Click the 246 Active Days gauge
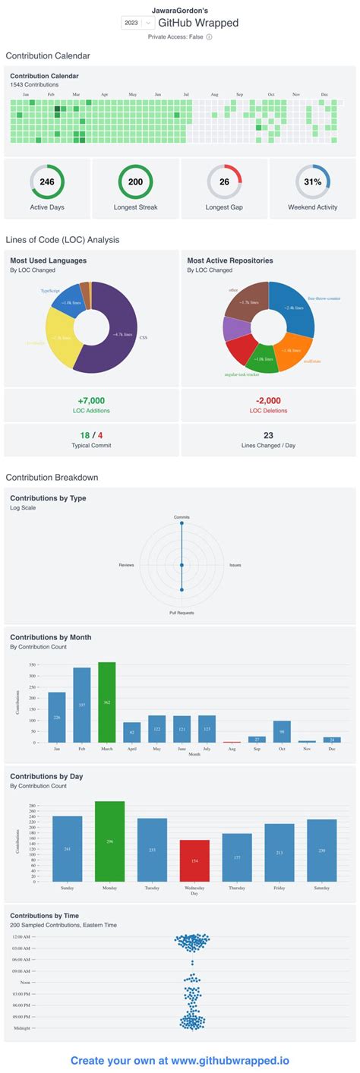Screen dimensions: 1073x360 (x=47, y=182)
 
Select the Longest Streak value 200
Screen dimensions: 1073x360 (x=135, y=182)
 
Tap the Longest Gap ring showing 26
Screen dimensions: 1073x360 (x=224, y=182)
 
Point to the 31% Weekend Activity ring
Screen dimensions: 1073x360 (x=313, y=182)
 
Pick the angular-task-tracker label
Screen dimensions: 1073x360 (x=242, y=374)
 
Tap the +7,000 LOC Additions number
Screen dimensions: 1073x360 (x=91, y=400)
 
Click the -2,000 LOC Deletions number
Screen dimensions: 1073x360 (x=268, y=400)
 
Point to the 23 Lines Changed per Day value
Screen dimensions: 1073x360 (x=268, y=435)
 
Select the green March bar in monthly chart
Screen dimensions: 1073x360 (x=106, y=702)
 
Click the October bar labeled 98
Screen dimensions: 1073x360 (x=282, y=731)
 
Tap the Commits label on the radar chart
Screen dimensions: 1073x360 (x=182, y=517)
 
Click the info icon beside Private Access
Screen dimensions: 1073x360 (x=209, y=36)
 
